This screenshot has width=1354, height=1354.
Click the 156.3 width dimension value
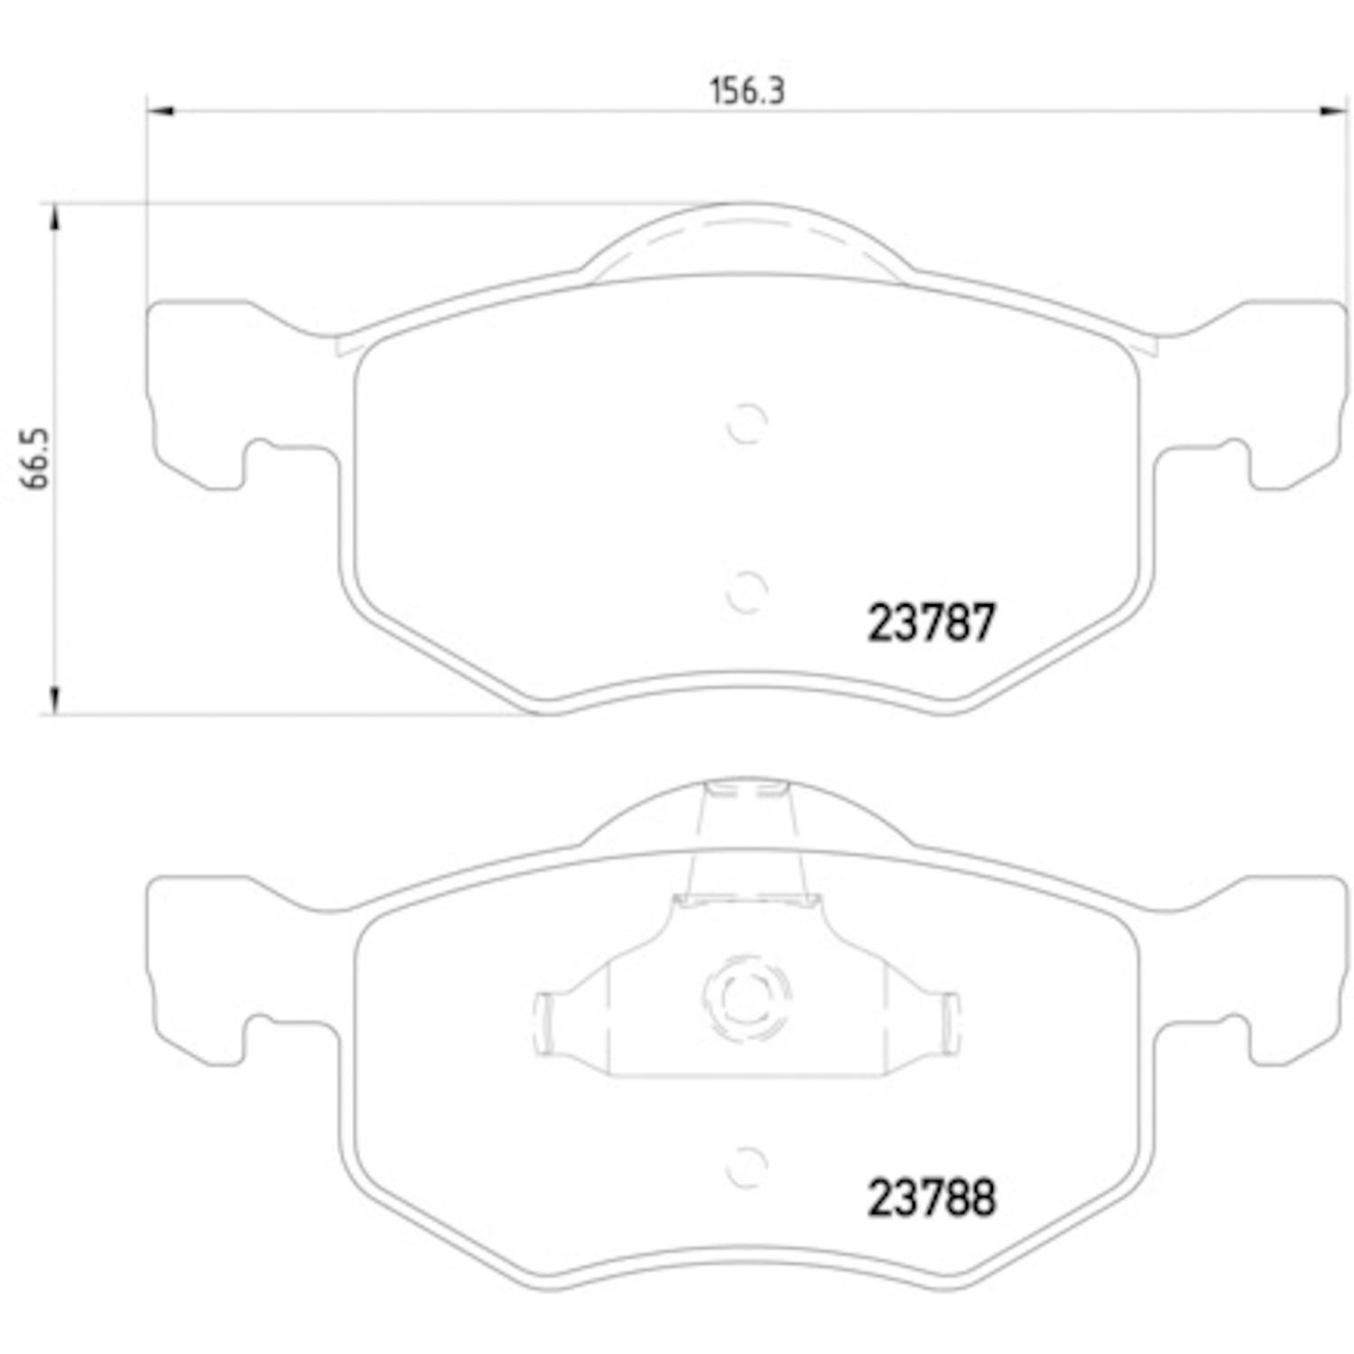747,91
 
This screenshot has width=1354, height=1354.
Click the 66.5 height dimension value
37,459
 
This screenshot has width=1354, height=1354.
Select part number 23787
931,623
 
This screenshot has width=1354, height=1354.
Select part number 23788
931,1198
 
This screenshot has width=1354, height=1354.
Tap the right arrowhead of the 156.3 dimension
1334,111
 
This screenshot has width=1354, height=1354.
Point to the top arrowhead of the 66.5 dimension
55,217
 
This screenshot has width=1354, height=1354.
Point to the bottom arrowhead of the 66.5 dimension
55,700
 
